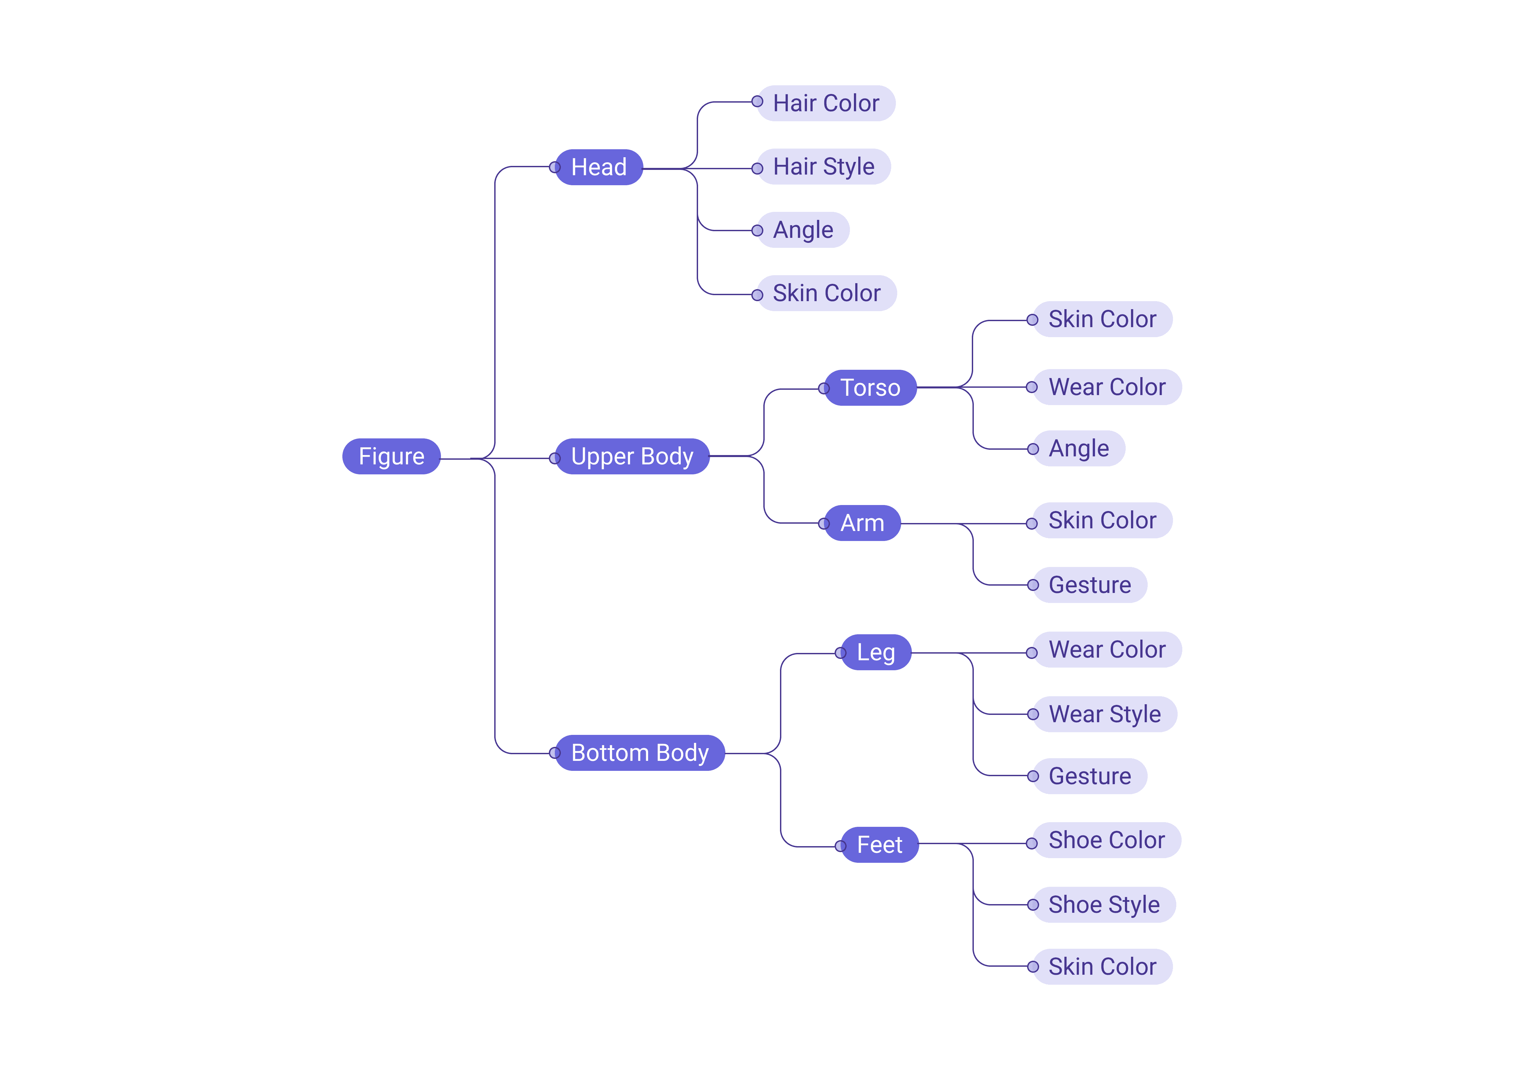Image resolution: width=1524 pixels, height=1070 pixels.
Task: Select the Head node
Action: click(x=599, y=167)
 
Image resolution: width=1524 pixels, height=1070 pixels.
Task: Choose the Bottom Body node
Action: click(x=640, y=753)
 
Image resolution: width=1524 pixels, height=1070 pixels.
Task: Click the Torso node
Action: click(x=870, y=388)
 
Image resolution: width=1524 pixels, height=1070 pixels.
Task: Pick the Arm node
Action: click(x=862, y=523)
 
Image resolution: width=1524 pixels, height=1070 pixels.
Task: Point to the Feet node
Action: click(x=880, y=845)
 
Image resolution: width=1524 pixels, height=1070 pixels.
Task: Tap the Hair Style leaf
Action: click(x=824, y=167)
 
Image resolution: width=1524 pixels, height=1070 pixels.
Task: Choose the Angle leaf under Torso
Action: click(x=1079, y=449)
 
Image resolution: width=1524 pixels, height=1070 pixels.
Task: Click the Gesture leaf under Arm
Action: click(x=1090, y=585)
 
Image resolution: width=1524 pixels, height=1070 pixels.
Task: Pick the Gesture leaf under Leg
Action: click(x=1090, y=776)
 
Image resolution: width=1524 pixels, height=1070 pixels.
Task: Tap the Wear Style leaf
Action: click(x=1104, y=714)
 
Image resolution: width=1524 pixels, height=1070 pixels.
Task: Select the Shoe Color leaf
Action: click(x=1106, y=840)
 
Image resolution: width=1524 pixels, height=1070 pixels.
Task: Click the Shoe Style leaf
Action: click(x=1104, y=905)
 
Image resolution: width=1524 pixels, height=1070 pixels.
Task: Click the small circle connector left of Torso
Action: click(x=824, y=388)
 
